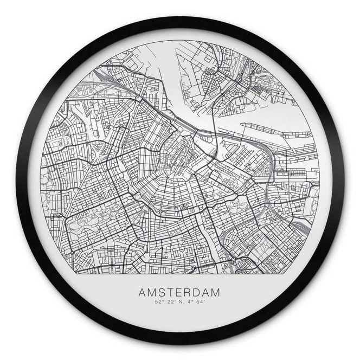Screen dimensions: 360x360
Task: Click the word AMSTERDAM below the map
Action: pos(180,292)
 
